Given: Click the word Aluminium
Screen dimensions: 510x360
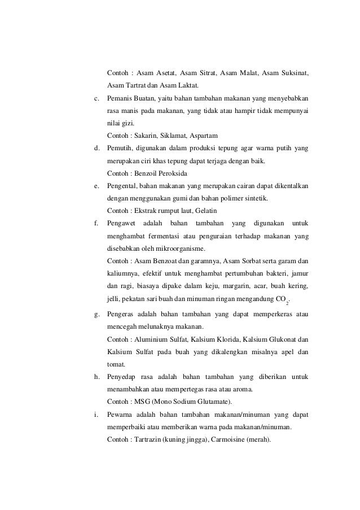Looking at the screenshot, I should tap(151, 339).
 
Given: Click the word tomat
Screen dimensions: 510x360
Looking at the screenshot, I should tap(116, 364).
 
